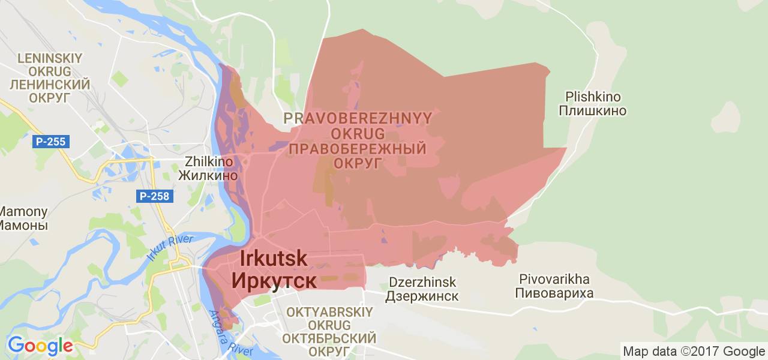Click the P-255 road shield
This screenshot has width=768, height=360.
(52, 142)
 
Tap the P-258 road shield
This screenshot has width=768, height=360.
(154, 196)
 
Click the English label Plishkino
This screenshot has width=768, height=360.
(593, 97)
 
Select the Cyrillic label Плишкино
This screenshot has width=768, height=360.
(593, 111)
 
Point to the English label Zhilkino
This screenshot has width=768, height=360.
(208, 161)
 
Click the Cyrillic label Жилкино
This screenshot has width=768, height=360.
(208, 176)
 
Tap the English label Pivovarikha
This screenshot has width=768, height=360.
(555, 280)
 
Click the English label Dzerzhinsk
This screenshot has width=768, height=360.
(422, 282)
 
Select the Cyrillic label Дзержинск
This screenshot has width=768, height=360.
(422, 296)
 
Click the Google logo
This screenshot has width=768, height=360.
(40, 346)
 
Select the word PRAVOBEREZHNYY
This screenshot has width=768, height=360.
(358, 118)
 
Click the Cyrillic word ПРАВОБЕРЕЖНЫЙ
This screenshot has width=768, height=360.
(358, 149)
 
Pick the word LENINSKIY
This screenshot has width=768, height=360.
(50, 59)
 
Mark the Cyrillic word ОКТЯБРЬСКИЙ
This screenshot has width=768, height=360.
(331, 338)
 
